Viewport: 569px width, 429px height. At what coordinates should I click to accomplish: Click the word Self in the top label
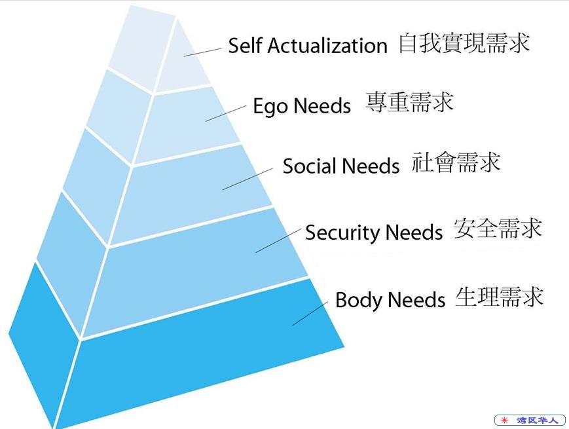tap(245, 45)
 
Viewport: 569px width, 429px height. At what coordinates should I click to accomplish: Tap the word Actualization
tap(327, 45)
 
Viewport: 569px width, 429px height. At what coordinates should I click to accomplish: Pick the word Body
tap(359, 300)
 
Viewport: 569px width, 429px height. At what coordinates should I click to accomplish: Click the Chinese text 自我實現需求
tap(464, 43)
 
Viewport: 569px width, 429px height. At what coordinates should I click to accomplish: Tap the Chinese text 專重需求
tap(409, 102)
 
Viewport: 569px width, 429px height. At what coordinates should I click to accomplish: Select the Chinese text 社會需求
tap(456, 162)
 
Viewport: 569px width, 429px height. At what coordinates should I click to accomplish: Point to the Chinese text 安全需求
tap(498, 229)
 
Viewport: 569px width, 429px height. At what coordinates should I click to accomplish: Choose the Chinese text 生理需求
tap(499, 297)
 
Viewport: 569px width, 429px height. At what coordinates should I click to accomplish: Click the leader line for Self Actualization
tap(202, 52)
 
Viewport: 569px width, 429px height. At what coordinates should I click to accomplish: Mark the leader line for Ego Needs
tap(226, 113)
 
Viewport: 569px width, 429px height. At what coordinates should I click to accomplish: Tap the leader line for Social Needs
tap(248, 179)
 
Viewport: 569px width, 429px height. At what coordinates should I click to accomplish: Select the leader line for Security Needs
tap(278, 240)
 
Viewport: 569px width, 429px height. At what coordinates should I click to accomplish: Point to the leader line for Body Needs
tap(310, 313)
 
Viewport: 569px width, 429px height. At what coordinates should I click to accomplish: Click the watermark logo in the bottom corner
tap(530, 420)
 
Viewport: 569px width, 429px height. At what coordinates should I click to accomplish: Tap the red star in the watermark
tap(504, 420)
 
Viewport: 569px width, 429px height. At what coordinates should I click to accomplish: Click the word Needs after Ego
tap(322, 106)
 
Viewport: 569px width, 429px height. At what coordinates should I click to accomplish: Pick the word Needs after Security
tap(414, 233)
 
